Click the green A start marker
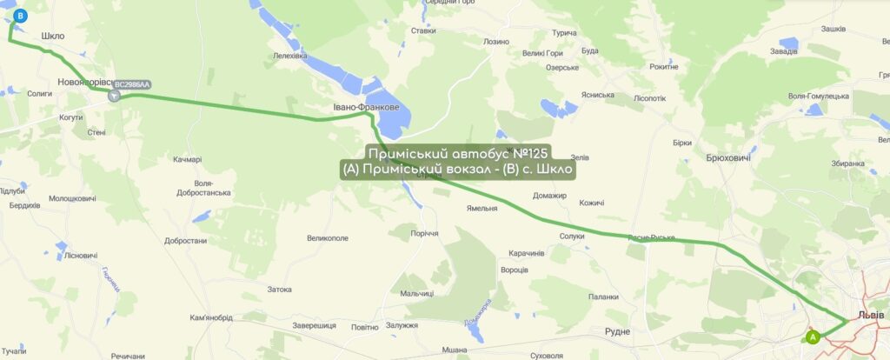click(x=813, y=336)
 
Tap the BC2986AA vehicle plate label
click(x=132, y=84)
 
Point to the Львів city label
click(x=870, y=315)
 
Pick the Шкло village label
click(x=53, y=37)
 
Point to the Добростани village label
click(x=184, y=241)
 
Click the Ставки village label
click(x=423, y=30)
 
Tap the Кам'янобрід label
click(x=211, y=317)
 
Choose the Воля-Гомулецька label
click(x=817, y=96)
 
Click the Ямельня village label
click(x=482, y=209)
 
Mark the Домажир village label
click(x=549, y=195)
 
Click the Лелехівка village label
click(x=290, y=56)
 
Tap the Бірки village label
click(x=682, y=143)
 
